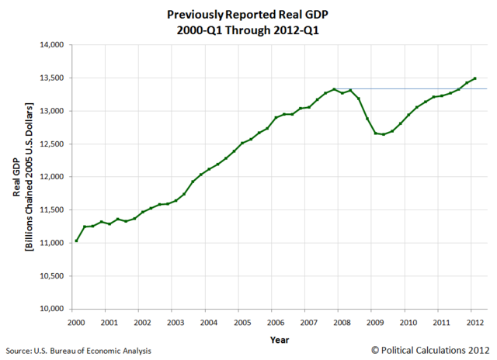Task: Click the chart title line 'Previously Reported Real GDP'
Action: pyautogui.click(x=248, y=14)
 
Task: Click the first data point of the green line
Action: pyautogui.click(x=77, y=241)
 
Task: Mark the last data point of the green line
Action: pyautogui.click(x=475, y=78)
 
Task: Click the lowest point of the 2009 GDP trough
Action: pyautogui.click(x=383, y=134)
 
